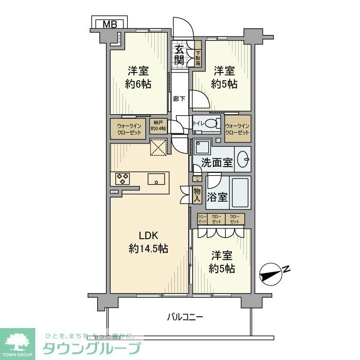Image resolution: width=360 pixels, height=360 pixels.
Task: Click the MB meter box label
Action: [x=109, y=23]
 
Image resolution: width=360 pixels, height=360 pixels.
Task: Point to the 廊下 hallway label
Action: [x=179, y=98]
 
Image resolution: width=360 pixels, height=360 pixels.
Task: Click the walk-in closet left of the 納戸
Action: [x=128, y=129]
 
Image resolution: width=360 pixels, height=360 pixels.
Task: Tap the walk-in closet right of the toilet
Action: [x=237, y=129]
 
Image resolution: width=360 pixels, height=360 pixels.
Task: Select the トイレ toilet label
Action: [x=199, y=123]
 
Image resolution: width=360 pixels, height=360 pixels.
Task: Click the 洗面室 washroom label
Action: [x=217, y=164]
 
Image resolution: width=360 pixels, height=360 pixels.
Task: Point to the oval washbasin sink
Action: [x=244, y=159]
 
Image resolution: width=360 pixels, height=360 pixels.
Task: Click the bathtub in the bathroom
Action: [x=240, y=193]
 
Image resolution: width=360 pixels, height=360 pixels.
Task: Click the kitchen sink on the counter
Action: [x=156, y=179]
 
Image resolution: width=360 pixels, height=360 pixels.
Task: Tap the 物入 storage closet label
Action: [x=196, y=195]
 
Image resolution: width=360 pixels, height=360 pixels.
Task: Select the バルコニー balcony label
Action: [x=185, y=317]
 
